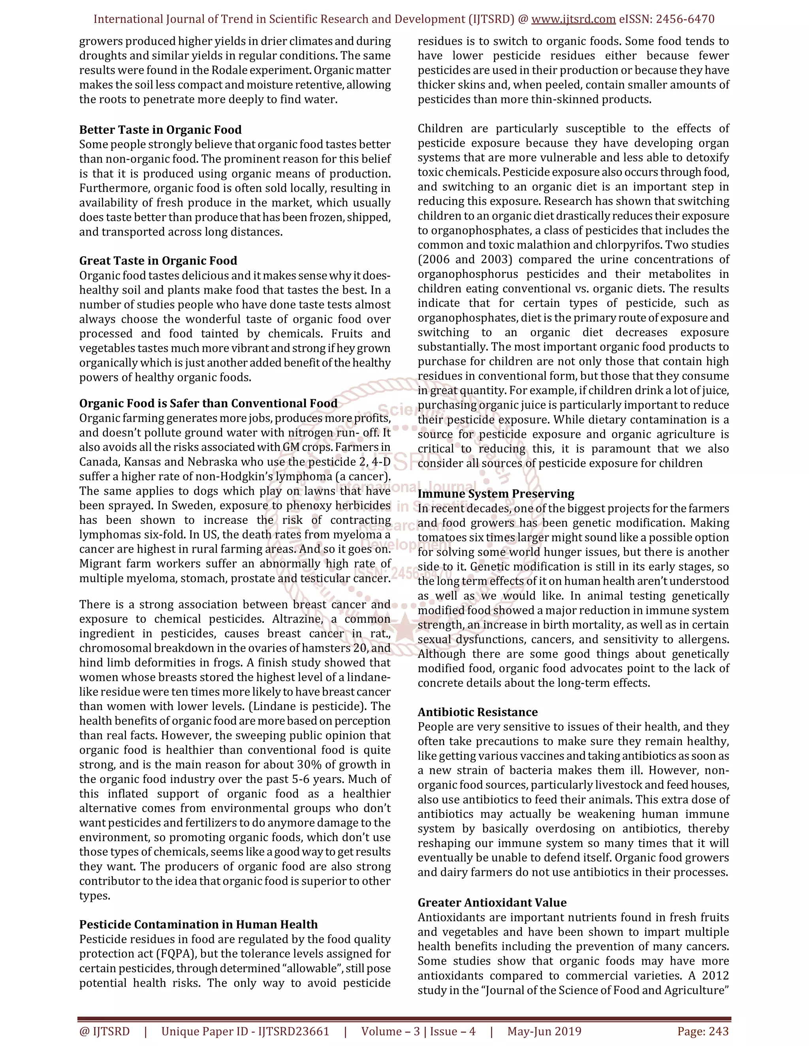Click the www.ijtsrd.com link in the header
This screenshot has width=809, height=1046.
[x=573, y=19]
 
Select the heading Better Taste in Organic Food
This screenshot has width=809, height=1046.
[x=160, y=130]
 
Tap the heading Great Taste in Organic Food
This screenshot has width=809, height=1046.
[x=158, y=261]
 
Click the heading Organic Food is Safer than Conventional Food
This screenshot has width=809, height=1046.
[x=209, y=403]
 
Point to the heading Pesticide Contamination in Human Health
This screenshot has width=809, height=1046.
[x=198, y=924]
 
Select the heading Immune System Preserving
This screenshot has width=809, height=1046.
[x=496, y=494]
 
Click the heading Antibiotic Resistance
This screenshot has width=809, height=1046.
[x=477, y=712]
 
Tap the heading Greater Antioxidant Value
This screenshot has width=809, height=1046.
[x=492, y=902]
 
